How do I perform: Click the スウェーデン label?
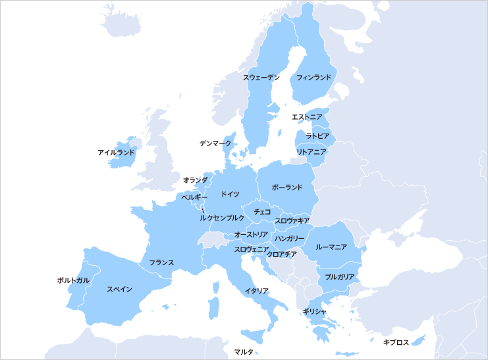(x=261, y=78)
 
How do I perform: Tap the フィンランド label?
(x=313, y=78)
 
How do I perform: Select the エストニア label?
(x=307, y=117)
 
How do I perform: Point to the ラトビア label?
(x=317, y=136)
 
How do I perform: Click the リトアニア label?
(x=312, y=152)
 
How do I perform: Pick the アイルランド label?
(x=116, y=153)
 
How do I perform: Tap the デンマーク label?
(x=215, y=143)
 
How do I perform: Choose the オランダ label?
(x=195, y=180)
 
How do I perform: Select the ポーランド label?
(x=287, y=188)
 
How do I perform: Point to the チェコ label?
(x=262, y=212)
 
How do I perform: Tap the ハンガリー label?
(x=290, y=238)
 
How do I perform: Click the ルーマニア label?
(x=331, y=247)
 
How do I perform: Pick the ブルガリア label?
(x=340, y=277)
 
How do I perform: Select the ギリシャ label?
(x=314, y=311)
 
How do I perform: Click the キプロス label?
(x=396, y=342)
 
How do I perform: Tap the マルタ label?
(x=244, y=352)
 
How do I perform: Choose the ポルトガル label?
(x=73, y=280)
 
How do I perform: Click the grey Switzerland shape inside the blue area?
(x=213, y=238)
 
